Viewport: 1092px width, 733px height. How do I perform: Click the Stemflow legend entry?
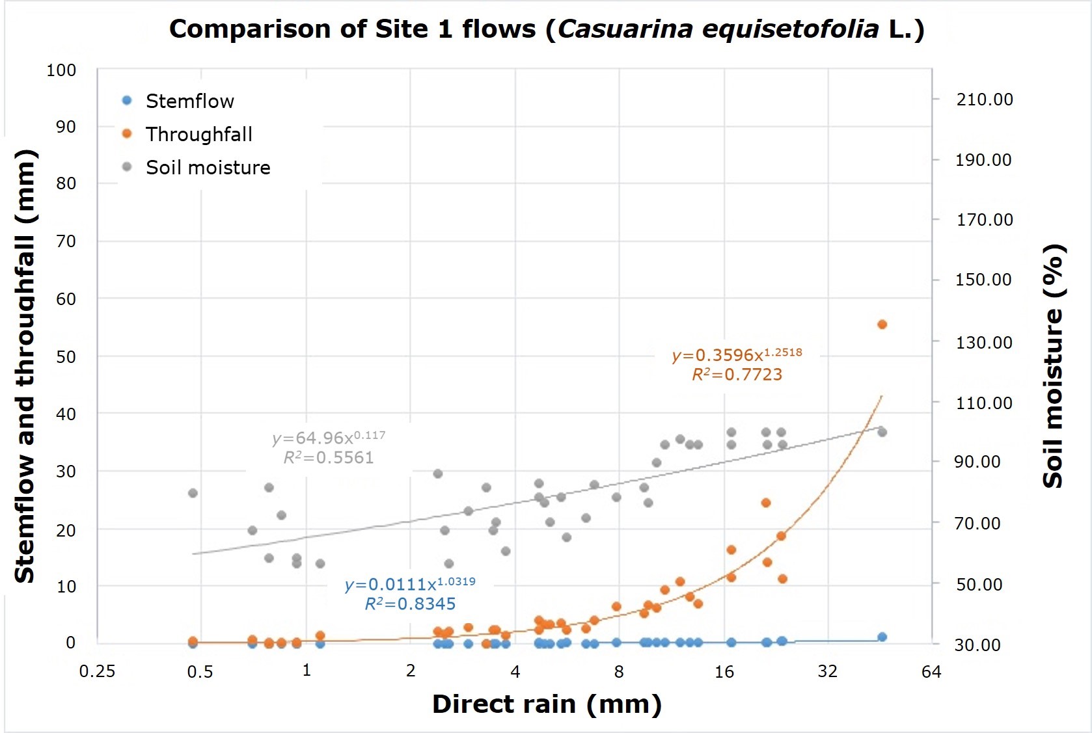(189, 101)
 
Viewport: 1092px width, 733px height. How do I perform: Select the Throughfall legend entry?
(198, 134)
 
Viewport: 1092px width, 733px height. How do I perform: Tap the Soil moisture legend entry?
(207, 167)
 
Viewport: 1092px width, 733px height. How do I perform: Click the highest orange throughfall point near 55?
(882, 324)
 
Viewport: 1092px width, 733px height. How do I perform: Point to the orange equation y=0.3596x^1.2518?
(737, 354)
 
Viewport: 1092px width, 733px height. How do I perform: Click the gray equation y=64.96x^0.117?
(329, 438)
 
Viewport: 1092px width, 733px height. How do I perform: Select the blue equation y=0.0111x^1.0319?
(410, 584)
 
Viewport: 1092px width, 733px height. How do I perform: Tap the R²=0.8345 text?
(410, 604)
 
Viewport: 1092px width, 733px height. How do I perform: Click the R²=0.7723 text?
(737, 375)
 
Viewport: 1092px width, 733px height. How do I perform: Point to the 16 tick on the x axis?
(724, 672)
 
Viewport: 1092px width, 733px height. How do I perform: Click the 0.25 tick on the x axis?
(97, 672)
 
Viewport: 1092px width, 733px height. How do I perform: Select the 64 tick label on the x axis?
(931, 672)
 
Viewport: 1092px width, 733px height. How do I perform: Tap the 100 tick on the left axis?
(61, 70)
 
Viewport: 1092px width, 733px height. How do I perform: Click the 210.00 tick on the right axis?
(984, 100)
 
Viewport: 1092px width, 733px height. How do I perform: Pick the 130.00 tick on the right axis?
(983, 342)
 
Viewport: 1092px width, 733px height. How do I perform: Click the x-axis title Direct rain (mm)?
(547, 704)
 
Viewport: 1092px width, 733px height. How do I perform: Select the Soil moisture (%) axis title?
(1053, 366)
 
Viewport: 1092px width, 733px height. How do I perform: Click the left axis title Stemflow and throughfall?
(25, 366)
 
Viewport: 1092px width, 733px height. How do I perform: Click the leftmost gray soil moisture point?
(193, 493)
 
